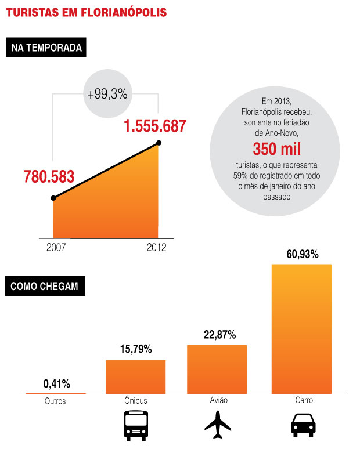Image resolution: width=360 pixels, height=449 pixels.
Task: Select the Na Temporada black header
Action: pyautogui.click(x=46, y=48)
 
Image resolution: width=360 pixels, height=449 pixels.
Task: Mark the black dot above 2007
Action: pyautogui.click(x=53, y=198)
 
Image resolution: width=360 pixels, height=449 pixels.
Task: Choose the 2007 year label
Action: pyautogui.click(x=56, y=247)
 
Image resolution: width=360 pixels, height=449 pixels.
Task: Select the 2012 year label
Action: pyautogui.click(x=156, y=247)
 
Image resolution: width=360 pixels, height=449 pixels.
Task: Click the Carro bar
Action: pyautogui.click(x=302, y=329)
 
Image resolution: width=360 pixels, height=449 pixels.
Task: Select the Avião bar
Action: pyautogui.click(x=217, y=370)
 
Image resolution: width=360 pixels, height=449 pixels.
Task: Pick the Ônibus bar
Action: pyautogui.click(x=136, y=377)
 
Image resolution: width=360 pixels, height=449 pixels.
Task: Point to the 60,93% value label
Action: pyautogui.click(x=302, y=254)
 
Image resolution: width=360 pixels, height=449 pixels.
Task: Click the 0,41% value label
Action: pyautogui.click(x=56, y=383)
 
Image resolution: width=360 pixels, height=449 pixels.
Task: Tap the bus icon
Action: pyautogui.click(x=135, y=426)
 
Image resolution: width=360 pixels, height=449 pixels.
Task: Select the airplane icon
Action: pyautogui.click(x=217, y=426)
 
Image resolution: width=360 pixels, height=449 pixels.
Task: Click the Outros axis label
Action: pyautogui.click(x=55, y=401)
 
